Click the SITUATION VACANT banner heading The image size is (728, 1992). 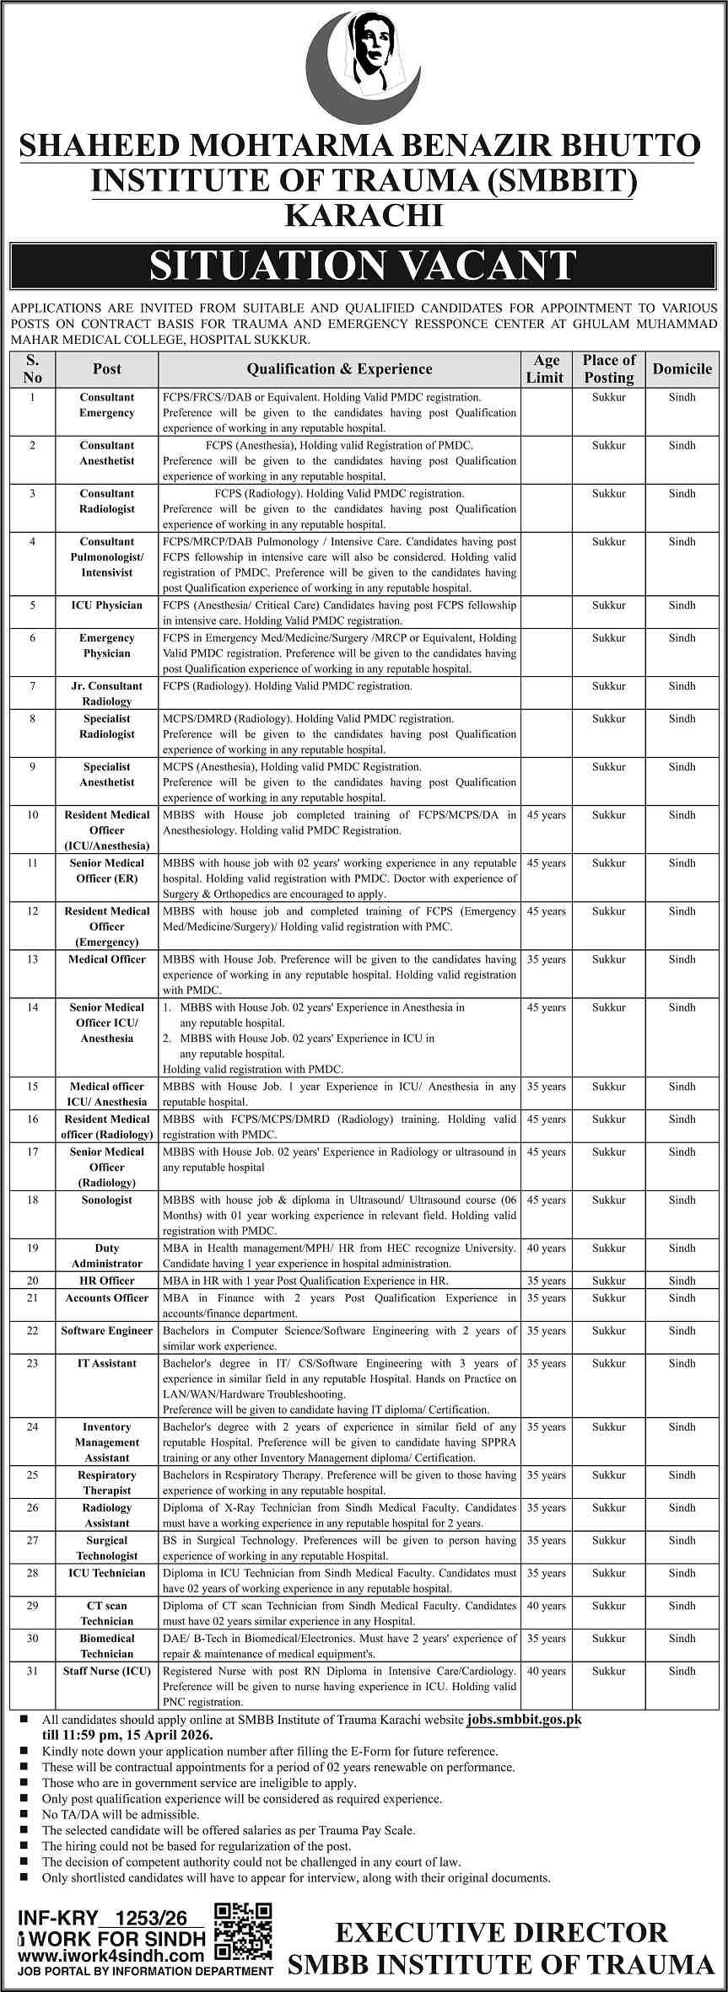pyautogui.click(x=364, y=266)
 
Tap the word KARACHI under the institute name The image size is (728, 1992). pyautogui.click(x=364, y=216)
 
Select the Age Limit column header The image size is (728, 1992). pyautogui.click(x=547, y=368)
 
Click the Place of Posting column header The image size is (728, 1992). pyautogui.click(x=608, y=368)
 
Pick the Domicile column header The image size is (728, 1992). pyautogui.click(x=682, y=368)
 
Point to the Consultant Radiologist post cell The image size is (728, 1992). pyautogui.click(x=107, y=501)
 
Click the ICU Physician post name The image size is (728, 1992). pyautogui.click(x=107, y=605)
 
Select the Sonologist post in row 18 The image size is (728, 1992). pyautogui.click(x=107, y=1200)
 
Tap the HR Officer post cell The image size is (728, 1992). pyautogui.click(x=107, y=1281)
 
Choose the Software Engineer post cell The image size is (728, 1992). pyautogui.click(x=107, y=1330)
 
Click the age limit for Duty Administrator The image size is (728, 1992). pyautogui.click(x=547, y=1248)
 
